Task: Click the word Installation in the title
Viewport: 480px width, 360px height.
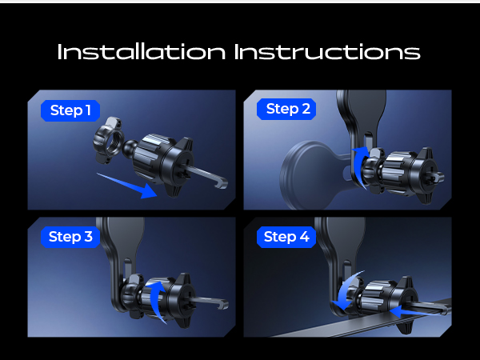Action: [x=142, y=52]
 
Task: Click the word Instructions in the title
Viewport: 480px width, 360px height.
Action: [x=327, y=52]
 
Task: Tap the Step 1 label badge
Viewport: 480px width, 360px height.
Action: [x=70, y=110]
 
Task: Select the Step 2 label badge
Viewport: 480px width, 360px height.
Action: [x=286, y=109]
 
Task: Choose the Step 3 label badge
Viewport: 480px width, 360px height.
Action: [x=70, y=237]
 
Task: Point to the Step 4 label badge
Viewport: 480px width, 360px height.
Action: [x=286, y=237]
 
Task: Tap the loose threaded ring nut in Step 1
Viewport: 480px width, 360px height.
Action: [x=108, y=140]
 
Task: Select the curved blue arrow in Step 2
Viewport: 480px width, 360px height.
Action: [x=358, y=167]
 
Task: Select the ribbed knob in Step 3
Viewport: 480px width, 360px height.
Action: [x=158, y=298]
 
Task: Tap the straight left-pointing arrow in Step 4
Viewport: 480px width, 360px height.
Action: [x=418, y=312]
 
